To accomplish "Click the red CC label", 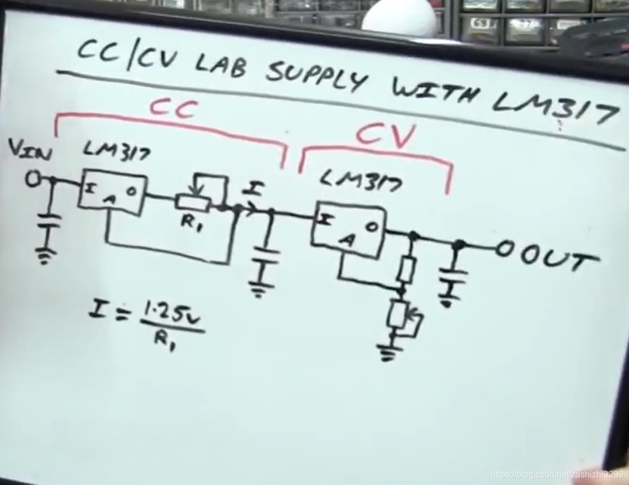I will pos(173,108).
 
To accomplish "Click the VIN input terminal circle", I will pos(34,180).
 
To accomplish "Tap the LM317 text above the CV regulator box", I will pos(360,180).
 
